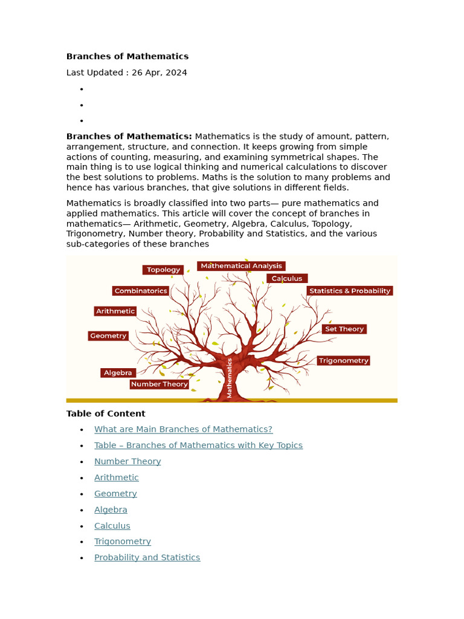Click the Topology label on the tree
pos(163,270)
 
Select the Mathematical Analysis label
pos(241,266)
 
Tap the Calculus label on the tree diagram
pos(287,279)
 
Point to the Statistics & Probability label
pos(350,291)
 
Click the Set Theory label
pos(344,329)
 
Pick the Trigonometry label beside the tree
pos(343,360)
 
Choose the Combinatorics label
pos(141,291)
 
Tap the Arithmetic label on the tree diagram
pos(115,311)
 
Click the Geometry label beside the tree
pos(108,336)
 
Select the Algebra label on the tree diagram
pos(118,373)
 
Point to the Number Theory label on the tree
pos(159,384)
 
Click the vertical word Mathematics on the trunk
pos(230,378)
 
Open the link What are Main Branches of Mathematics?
pos(183,429)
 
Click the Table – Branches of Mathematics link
pos(198,446)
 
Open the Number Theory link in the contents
pos(127,461)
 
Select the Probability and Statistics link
pos(147,557)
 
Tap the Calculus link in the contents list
pos(112,526)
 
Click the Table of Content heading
pos(106,413)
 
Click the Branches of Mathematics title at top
pos(127,56)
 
